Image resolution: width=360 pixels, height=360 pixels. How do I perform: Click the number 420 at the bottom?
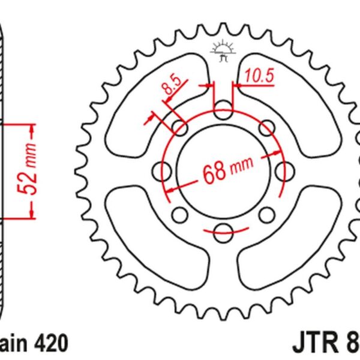50,344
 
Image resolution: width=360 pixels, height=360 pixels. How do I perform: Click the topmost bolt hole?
223,110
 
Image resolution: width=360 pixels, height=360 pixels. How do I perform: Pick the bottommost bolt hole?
223,229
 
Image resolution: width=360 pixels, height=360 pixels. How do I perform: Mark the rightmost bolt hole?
283,170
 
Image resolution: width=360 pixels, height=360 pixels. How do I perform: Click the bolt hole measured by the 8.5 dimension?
179,127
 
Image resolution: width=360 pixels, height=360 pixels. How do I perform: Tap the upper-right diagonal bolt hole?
266,127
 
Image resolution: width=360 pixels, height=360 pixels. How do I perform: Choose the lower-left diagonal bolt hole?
179,214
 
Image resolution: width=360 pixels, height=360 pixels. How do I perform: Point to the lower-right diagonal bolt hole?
266,214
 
